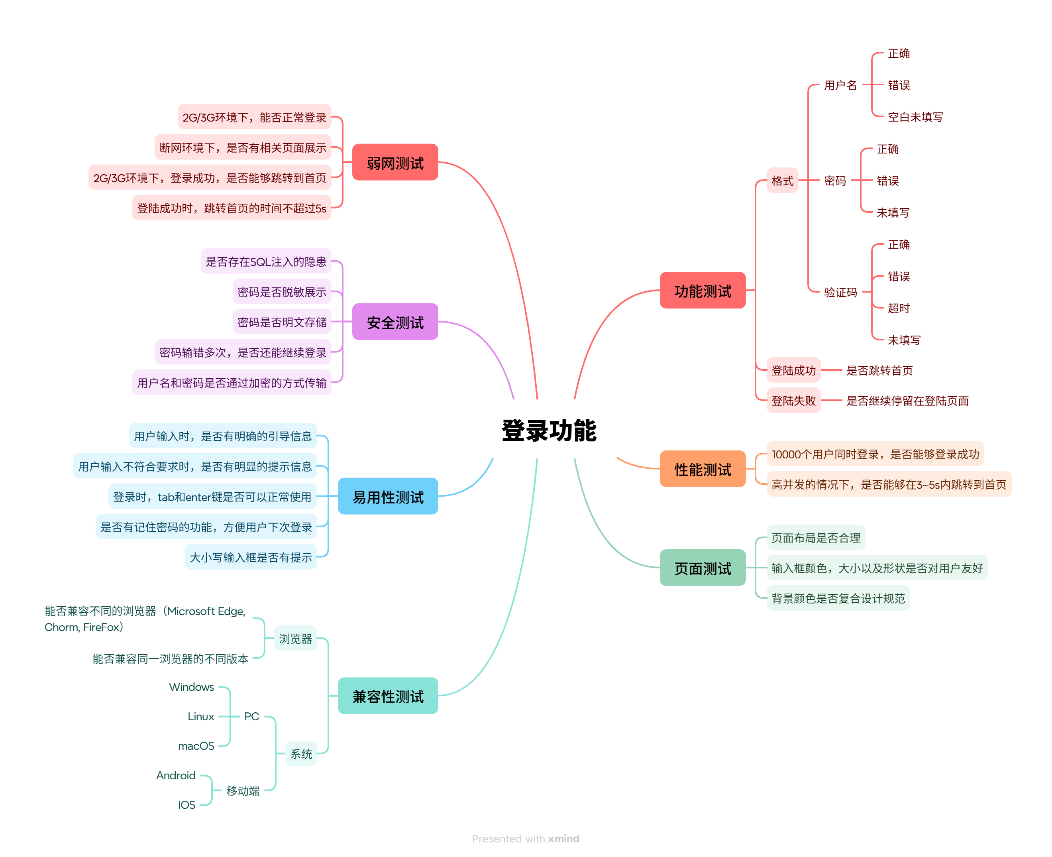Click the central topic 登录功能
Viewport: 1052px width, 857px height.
coord(549,430)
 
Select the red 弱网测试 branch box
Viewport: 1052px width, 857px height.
coord(395,162)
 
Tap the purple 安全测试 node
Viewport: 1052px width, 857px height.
coord(395,322)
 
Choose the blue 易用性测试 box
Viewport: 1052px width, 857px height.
coord(388,496)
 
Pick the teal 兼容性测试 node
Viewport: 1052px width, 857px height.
coord(388,696)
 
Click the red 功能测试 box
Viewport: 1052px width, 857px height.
coord(702,290)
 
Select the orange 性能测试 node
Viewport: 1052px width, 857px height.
coord(702,469)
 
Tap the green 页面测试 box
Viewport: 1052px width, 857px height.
coord(702,568)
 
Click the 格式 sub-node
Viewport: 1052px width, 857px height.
coord(782,181)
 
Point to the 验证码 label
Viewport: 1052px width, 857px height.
coord(840,292)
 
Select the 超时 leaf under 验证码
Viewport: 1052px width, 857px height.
coord(898,308)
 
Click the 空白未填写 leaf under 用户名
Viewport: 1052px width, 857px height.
coord(915,117)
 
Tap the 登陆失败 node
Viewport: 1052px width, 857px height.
coord(793,400)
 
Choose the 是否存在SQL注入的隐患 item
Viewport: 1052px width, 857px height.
coord(265,261)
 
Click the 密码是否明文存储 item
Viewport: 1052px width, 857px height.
coord(282,322)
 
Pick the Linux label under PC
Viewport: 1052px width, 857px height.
coord(201,716)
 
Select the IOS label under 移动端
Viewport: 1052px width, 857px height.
coord(186,805)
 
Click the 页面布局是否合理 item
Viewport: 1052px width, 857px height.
coord(815,538)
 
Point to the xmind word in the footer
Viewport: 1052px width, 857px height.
coord(563,838)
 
